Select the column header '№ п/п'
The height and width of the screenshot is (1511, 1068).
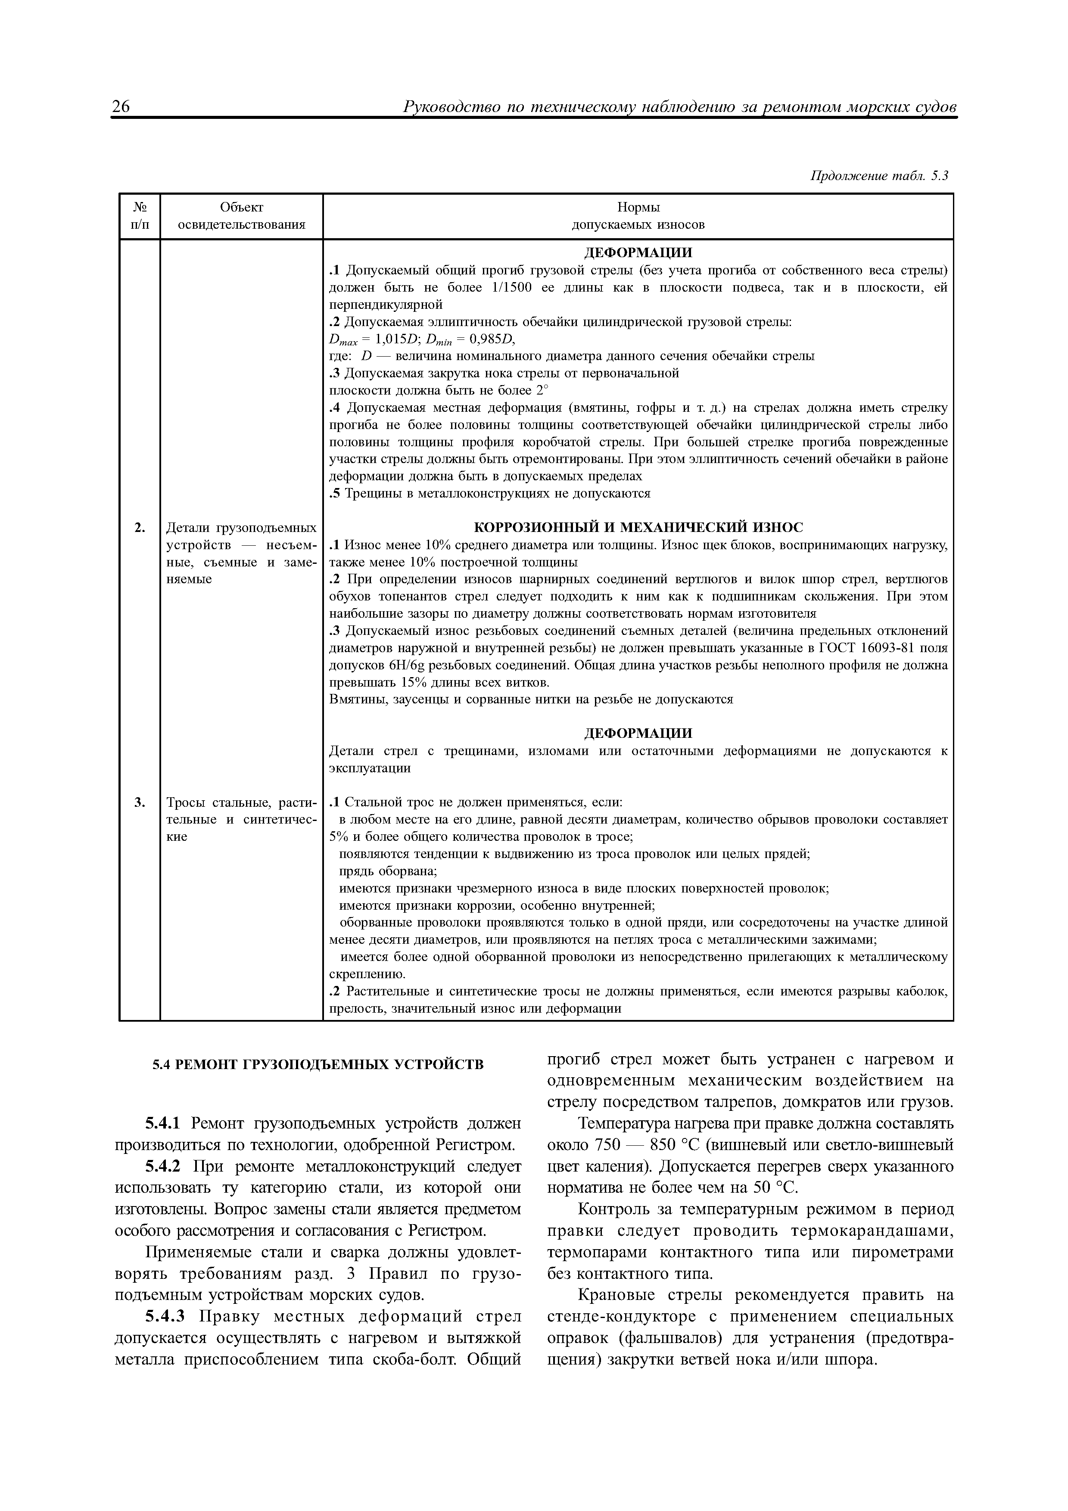140,216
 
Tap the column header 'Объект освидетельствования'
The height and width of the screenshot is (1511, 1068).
242,216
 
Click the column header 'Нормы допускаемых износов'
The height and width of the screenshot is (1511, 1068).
638,216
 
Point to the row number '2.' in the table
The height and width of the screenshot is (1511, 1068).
139,528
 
